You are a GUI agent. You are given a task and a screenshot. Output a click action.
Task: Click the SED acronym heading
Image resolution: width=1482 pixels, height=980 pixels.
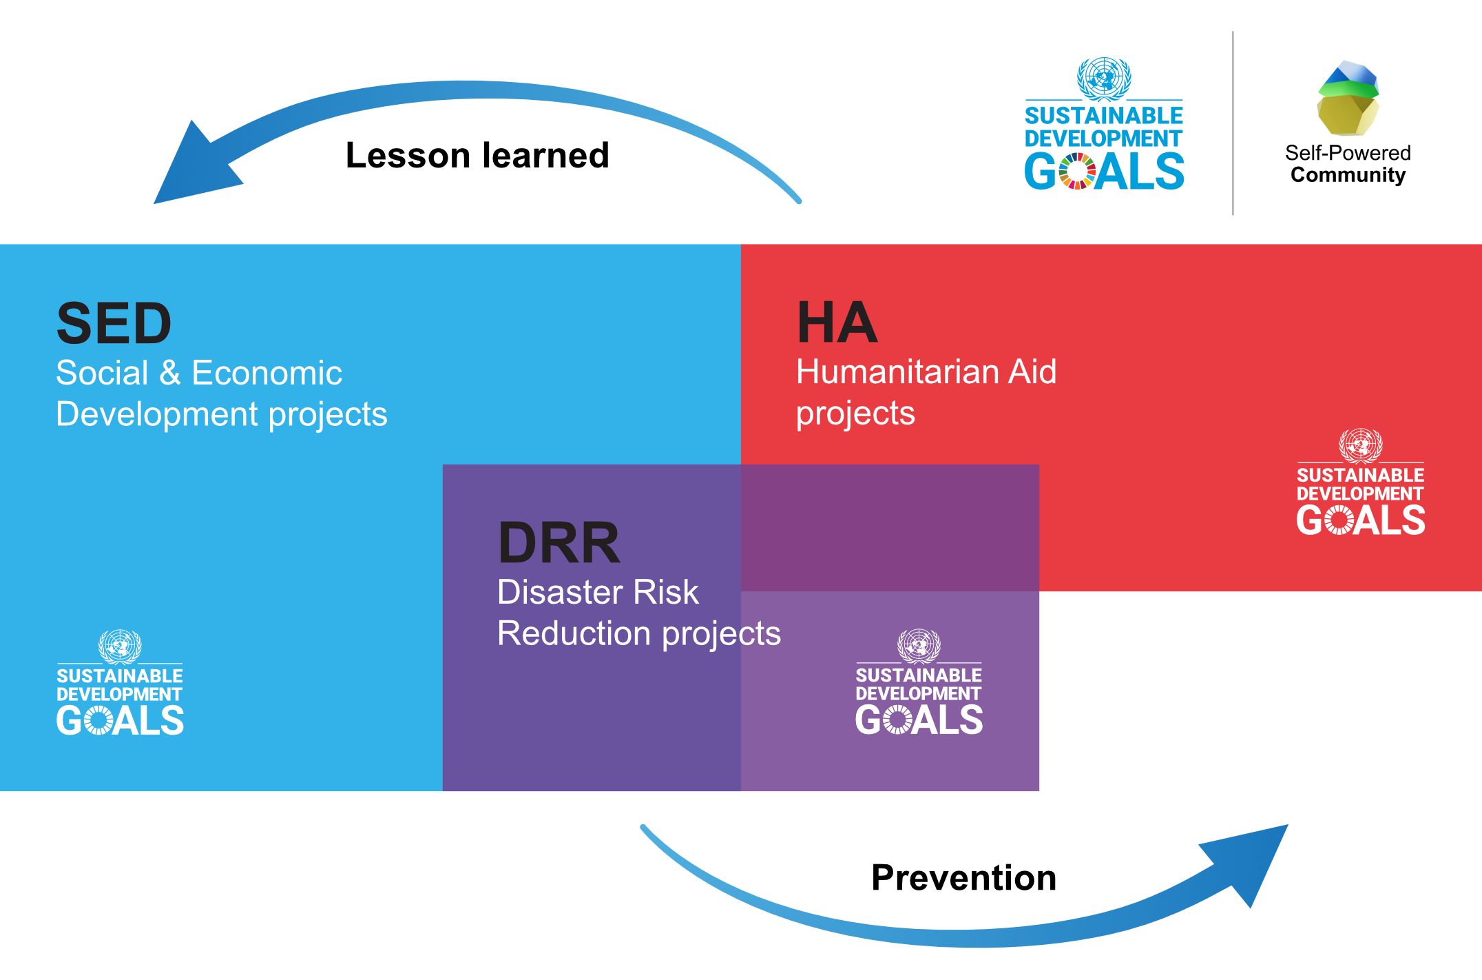(114, 323)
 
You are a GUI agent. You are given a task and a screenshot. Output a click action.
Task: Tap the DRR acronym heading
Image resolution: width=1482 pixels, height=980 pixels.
(559, 542)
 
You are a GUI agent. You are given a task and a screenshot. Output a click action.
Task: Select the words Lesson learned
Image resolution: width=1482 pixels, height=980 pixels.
(477, 155)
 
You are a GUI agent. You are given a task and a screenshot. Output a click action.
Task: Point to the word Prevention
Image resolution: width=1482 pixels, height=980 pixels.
(963, 878)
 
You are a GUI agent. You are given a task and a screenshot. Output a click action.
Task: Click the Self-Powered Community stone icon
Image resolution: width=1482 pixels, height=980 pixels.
(1348, 99)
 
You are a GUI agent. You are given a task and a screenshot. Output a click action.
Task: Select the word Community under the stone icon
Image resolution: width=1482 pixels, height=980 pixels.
(1348, 175)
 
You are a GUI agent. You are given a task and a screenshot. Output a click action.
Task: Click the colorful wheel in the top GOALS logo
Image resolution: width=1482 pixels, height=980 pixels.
(1077, 171)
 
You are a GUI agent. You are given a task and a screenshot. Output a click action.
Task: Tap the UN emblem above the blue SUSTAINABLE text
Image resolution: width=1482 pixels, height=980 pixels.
(1104, 79)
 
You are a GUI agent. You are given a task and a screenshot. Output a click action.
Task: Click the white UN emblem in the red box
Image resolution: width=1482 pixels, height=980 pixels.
(1360, 445)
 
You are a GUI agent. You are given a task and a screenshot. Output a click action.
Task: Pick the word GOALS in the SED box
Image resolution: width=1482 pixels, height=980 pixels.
(120, 721)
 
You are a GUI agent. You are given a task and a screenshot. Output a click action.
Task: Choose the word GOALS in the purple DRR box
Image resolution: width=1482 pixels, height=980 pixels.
(919, 720)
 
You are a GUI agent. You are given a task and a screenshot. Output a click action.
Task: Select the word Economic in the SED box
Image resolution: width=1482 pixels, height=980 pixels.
(267, 373)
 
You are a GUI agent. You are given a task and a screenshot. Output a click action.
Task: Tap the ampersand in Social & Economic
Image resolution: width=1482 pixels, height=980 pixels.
(170, 373)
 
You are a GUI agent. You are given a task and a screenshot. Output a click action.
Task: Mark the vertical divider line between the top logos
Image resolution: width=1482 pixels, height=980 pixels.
(1233, 123)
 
